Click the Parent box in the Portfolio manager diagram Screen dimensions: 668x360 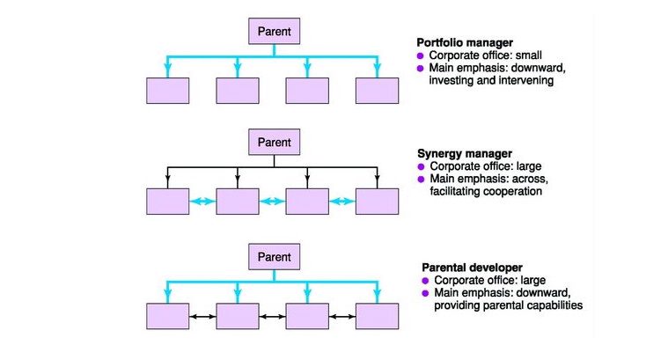pyautogui.click(x=274, y=31)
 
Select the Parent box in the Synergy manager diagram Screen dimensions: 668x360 pyautogui.click(x=274, y=142)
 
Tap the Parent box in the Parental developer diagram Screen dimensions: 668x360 pyautogui.click(x=274, y=256)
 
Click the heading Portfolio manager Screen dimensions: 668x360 pyautogui.click(x=465, y=42)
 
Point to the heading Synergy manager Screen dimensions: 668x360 pyautogui.click(x=465, y=153)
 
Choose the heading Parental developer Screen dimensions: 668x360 pyautogui.click(x=472, y=268)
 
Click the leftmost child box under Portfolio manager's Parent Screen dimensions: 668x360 pyautogui.click(x=167, y=91)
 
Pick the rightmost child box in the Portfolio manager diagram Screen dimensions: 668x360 pyautogui.click(x=377, y=91)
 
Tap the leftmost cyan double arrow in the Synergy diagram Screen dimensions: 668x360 pyautogui.click(x=202, y=201)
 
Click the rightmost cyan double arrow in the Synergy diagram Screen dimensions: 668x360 pyautogui.click(x=342, y=201)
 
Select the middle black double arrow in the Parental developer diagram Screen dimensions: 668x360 pyautogui.click(x=272, y=317)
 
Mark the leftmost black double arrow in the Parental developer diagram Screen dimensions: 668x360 pyautogui.click(x=202, y=317)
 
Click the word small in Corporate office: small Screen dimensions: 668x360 pyautogui.click(x=529, y=55)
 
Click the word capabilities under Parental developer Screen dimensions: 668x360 pyautogui.click(x=554, y=305)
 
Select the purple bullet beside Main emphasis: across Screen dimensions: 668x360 pyautogui.click(x=421, y=179)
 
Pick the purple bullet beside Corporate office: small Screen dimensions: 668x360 pyautogui.click(x=421, y=55)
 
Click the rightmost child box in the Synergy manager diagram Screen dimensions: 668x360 pyautogui.click(x=377, y=201)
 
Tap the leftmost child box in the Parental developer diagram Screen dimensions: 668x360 pyautogui.click(x=167, y=316)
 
